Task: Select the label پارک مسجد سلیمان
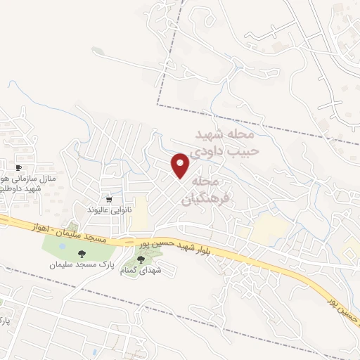(81, 265)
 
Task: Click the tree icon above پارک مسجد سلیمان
(82, 254)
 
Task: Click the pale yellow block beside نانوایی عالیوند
(140, 212)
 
